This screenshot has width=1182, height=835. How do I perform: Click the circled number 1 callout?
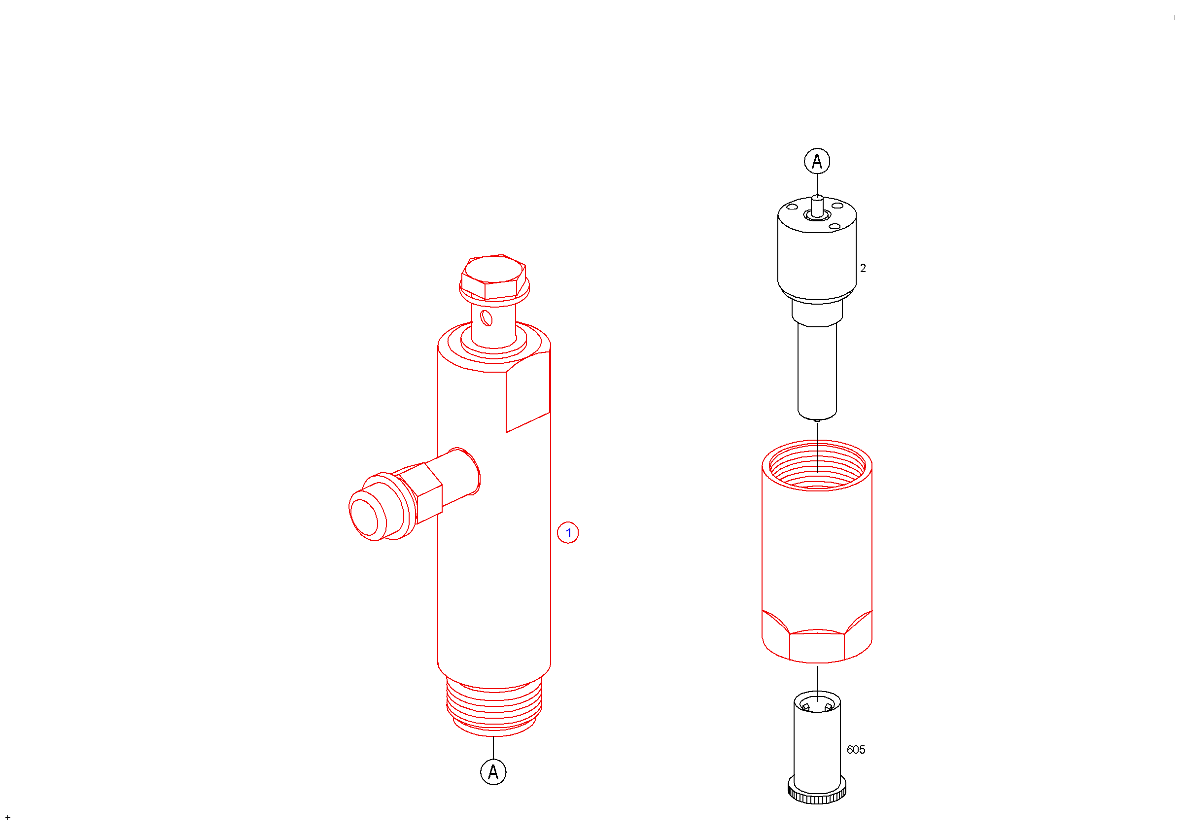pos(568,533)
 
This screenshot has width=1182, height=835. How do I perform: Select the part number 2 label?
pos(863,268)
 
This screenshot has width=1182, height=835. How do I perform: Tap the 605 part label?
pos(856,750)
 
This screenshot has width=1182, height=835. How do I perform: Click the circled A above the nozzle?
pos(817,161)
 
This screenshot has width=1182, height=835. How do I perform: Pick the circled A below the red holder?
pos(493,772)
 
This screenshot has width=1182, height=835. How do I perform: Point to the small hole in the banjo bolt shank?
pos(486,318)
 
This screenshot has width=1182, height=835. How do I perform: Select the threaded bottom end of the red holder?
pos(494,707)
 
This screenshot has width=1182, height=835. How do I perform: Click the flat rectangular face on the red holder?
pos(528,392)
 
